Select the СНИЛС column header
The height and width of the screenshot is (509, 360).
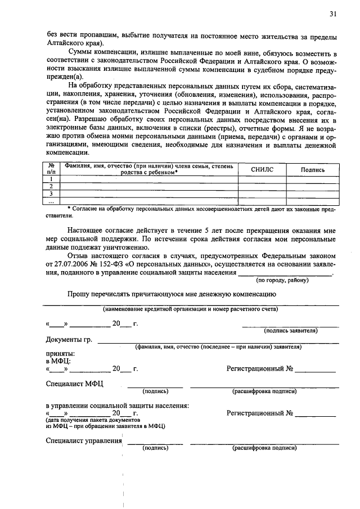262,169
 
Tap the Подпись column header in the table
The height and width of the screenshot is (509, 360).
313,169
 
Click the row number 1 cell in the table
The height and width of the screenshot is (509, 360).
51,179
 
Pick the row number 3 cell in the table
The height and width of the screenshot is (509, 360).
51,193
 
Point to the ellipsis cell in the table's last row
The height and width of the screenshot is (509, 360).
51,201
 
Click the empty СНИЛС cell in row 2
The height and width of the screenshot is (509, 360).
262,186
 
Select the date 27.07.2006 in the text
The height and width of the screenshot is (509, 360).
70,264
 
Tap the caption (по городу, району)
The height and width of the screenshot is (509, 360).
282,280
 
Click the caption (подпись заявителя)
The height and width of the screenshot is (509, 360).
291,331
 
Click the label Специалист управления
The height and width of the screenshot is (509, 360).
84,440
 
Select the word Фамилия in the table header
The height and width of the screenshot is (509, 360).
77,165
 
